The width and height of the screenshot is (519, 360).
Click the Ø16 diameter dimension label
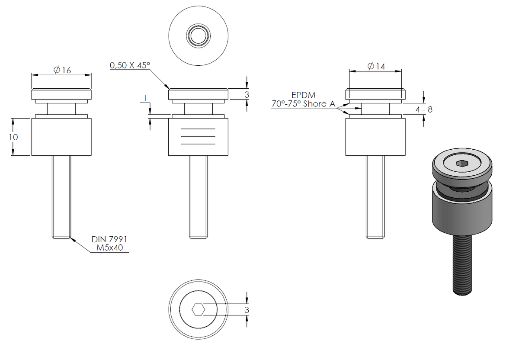pos(62,70)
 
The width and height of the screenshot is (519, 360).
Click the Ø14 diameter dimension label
pos(376,66)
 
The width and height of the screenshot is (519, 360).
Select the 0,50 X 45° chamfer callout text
pos(130,65)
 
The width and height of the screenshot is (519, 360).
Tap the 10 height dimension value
pos(13,137)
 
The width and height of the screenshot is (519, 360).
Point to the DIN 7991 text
pos(109,239)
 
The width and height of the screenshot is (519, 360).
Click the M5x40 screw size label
pos(109,247)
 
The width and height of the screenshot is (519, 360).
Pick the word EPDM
pos(303,95)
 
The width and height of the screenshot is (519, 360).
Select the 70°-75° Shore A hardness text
pos(304,103)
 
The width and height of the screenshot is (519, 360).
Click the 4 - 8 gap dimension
pos(424,109)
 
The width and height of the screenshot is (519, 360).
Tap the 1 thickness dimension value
pos(145,98)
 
